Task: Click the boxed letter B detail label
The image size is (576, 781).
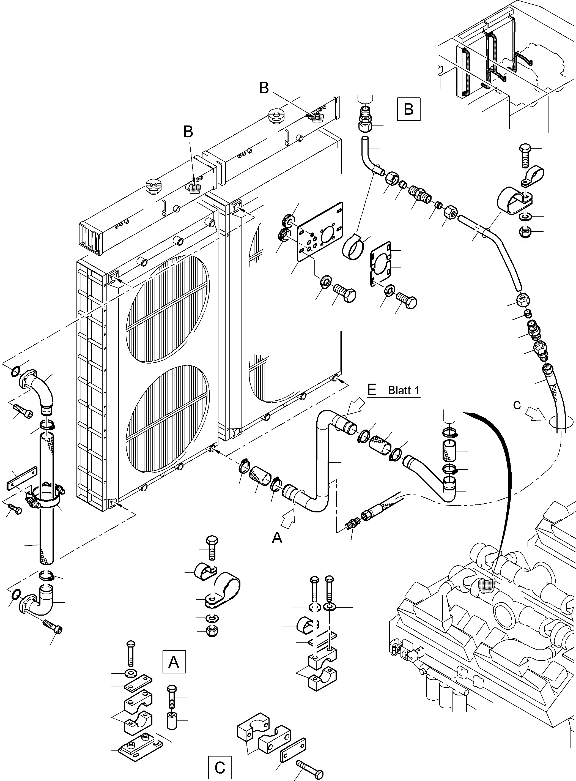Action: coord(408,109)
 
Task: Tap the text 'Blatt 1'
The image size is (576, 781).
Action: coord(404,390)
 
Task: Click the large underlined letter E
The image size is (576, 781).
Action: coord(372,389)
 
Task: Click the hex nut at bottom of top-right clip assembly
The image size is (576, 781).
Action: coord(525,233)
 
